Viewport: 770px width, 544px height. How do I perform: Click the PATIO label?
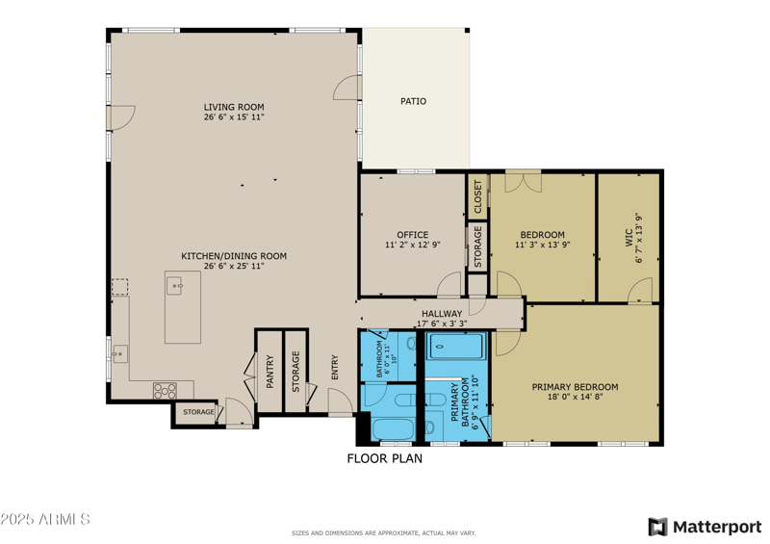click(x=413, y=101)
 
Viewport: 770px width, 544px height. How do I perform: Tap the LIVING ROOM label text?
click(x=234, y=107)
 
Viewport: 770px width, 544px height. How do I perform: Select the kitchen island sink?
click(x=175, y=285)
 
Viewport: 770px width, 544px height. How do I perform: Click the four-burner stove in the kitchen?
click(x=165, y=390)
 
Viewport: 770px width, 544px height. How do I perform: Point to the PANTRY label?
click(x=270, y=372)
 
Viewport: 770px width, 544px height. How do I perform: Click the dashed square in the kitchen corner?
click(x=119, y=287)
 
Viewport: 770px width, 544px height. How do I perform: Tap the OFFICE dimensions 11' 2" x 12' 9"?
click(x=413, y=246)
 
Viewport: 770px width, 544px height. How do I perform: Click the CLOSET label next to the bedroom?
click(x=478, y=196)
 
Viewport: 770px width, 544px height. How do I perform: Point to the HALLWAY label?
click(x=442, y=314)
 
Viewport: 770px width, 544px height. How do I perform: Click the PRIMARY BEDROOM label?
click(x=575, y=387)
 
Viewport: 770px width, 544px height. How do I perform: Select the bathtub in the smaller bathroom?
click(x=392, y=429)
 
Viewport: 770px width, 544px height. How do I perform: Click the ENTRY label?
click(x=335, y=370)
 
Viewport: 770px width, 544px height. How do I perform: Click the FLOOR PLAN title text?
click(x=384, y=459)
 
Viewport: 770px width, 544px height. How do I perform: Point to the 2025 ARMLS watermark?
click(x=45, y=520)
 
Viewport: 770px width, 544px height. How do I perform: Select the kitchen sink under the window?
click(x=119, y=353)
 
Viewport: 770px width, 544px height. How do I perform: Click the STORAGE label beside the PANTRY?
click(x=296, y=370)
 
